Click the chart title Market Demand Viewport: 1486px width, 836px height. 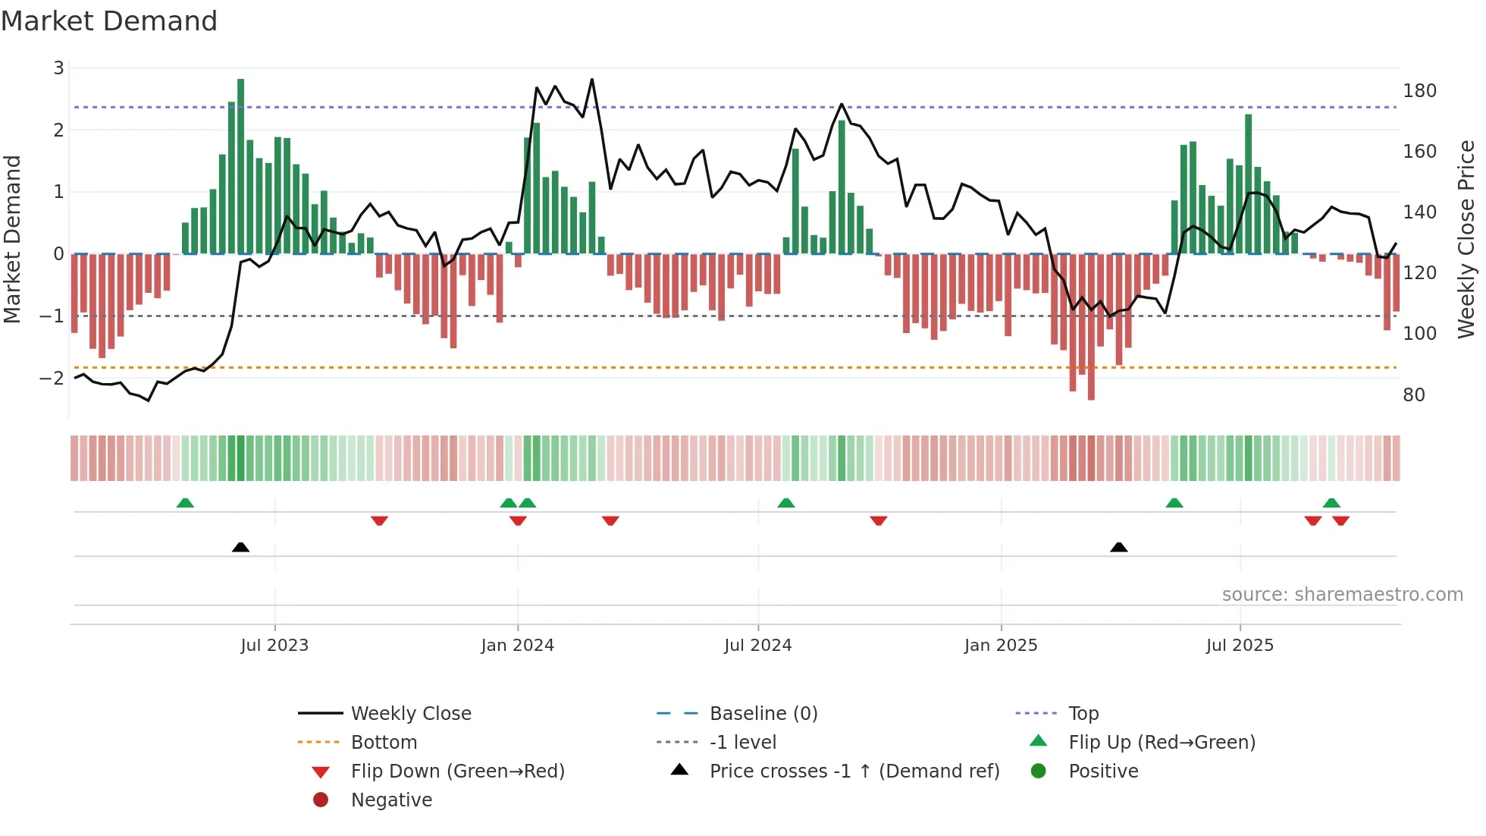(x=109, y=21)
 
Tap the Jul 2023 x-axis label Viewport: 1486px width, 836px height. (x=274, y=646)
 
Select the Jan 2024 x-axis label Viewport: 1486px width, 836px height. (x=518, y=646)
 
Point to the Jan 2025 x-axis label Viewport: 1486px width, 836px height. (x=1001, y=646)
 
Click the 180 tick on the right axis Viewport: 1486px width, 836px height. (x=1419, y=91)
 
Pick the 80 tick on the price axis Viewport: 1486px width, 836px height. (x=1414, y=395)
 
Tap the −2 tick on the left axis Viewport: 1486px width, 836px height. (x=52, y=378)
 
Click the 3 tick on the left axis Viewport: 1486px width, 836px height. (x=58, y=68)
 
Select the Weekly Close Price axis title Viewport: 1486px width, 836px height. (x=1466, y=239)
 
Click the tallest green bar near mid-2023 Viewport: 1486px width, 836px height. (x=241, y=167)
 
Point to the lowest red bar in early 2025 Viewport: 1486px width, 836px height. (x=1091, y=326)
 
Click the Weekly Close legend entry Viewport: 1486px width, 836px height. (x=410, y=714)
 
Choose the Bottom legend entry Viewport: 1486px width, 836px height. (x=384, y=743)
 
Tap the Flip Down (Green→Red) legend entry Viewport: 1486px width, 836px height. (x=457, y=772)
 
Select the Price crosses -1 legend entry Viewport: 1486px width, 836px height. (x=854, y=772)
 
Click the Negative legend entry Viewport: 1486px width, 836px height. (x=391, y=800)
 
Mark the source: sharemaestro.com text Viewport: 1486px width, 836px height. (x=1342, y=595)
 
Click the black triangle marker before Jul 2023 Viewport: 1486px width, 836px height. (x=240, y=547)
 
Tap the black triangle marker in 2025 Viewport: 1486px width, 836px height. (x=1118, y=547)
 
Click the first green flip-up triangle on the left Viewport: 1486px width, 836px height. (x=185, y=503)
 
